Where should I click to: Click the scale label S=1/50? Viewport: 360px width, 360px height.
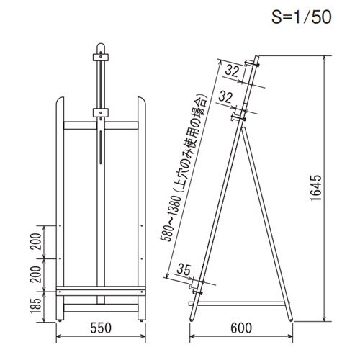[x=302, y=17]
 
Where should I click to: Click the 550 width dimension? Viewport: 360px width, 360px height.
[x=101, y=328]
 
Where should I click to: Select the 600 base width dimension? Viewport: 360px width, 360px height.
[x=241, y=328]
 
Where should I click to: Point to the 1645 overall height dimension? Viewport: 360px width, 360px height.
[x=315, y=188]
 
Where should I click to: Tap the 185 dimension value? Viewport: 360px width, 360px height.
[x=36, y=306]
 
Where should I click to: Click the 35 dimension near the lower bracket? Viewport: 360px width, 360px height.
[x=184, y=269]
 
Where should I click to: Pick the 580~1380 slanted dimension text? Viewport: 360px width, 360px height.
[x=184, y=167]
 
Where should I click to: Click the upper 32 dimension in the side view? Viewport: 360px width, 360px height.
[x=233, y=71]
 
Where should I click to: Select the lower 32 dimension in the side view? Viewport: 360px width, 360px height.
[x=225, y=97]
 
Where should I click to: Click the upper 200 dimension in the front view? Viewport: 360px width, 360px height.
[x=36, y=241]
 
